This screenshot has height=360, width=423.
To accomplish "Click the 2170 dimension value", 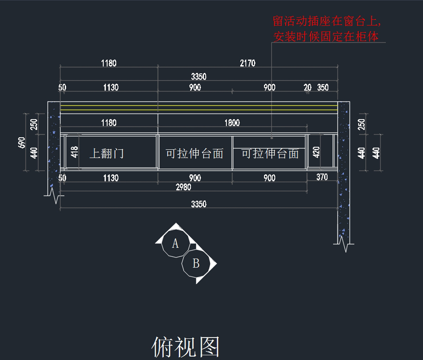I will (247, 63).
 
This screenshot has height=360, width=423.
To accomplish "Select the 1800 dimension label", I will (232, 123).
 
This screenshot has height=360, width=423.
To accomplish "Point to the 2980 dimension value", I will (183, 187).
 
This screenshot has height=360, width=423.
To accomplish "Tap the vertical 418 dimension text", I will (74, 152).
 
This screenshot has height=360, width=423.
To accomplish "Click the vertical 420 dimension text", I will (316, 152).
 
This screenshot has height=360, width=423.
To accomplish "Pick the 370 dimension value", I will (322, 177).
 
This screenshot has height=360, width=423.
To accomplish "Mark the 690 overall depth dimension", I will (22, 143).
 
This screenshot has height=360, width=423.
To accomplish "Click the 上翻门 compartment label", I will (106, 154).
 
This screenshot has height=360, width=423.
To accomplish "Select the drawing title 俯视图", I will (186, 347).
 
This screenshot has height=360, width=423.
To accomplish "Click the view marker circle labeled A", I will (175, 243).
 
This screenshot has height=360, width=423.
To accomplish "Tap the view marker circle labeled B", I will (196, 263).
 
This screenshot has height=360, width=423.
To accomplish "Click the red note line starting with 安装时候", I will (326, 37).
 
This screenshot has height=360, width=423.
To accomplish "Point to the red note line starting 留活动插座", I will (326, 21).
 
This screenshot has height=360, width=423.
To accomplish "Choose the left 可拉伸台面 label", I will (195, 154).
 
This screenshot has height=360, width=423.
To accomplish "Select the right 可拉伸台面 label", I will (270, 154).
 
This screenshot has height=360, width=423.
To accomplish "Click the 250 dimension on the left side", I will (34, 124).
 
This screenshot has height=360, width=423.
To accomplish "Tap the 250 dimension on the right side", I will (362, 124).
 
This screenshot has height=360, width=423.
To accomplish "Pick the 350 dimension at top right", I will (323, 87).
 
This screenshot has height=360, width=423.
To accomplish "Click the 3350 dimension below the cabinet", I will (198, 204).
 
